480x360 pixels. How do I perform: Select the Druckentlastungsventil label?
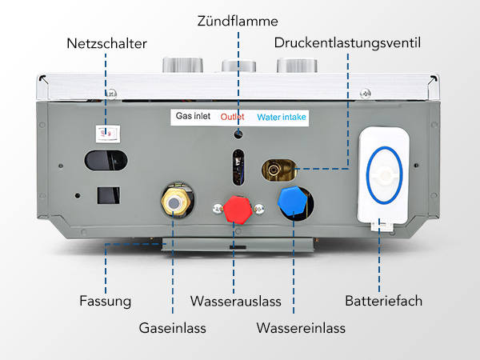pyautogui.click(x=346, y=42)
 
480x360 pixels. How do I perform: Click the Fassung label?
pyautogui.click(x=105, y=302)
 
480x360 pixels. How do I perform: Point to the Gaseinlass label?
pyautogui.click(x=173, y=328)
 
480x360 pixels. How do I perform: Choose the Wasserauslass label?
pyautogui.click(x=235, y=302)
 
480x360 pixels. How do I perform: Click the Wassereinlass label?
pyautogui.click(x=301, y=328)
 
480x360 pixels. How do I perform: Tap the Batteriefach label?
pyautogui.click(x=383, y=302)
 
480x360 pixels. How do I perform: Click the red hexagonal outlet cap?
pyautogui.click(x=238, y=210)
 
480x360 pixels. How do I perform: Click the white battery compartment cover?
pyautogui.click(x=384, y=176)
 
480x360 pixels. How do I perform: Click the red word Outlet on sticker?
pyautogui.click(x=232, y=117)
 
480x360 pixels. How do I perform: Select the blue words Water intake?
pyautogui.click(x=282, y=117)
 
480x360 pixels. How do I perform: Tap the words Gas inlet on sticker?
pyautogui.click(x=195, y=117)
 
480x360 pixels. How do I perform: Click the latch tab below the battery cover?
pyautogui.click(x=384, y=226)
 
